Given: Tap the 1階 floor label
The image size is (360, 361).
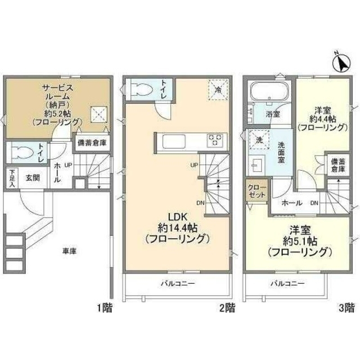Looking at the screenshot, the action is click(105, 308).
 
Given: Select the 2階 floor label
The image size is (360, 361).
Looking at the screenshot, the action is click(227, 308).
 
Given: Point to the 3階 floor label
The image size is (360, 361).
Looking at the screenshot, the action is click(346, 308).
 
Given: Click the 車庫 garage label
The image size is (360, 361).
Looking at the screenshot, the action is click(69, 251).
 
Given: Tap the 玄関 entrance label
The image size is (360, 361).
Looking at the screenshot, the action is click(33, 177).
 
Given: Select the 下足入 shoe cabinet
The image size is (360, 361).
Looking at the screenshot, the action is click(12, 177).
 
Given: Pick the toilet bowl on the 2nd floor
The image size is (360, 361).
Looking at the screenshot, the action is click(140, 88).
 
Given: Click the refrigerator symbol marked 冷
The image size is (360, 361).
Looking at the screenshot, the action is click(218, 90).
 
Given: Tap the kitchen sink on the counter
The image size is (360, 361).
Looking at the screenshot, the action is click(174, 141).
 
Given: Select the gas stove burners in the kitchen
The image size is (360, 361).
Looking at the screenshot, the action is click(215, 140).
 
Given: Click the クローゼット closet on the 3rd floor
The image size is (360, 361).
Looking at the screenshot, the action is click(257, 191).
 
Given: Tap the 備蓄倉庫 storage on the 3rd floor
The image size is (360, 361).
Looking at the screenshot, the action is click(337, 166).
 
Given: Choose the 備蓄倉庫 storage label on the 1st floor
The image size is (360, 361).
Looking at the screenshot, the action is click(92, 143).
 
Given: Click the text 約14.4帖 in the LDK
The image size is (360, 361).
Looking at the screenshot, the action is click(177, 228).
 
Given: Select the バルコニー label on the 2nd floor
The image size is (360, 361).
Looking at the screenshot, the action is click(178, 283).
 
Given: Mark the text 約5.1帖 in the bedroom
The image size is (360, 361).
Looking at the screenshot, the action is click(300, 241).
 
